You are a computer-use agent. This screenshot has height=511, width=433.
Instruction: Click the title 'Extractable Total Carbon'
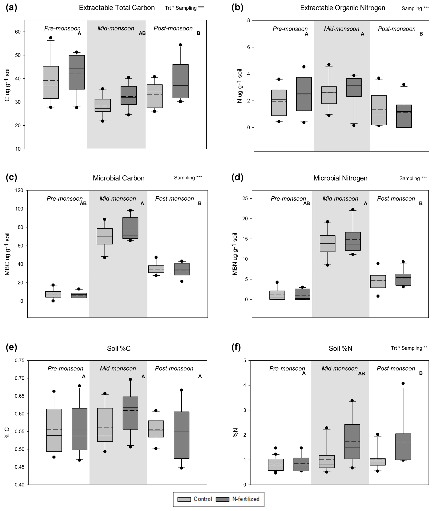[x=117, y=8]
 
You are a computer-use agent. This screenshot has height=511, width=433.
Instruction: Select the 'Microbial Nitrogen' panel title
[x=340, y=178]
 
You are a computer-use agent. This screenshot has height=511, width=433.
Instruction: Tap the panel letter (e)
[x=11, y=347]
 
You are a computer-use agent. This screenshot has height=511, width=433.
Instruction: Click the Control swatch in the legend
[x=184, y=499]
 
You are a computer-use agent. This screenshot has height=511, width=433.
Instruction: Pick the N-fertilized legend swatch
[x=223, y=499]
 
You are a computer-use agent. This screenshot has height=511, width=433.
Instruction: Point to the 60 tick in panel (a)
[x=18, y=32]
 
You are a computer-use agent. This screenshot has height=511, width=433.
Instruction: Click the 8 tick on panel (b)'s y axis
[x=248, y=20]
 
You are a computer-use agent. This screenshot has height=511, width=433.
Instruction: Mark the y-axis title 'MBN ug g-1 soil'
[x=235, y=254]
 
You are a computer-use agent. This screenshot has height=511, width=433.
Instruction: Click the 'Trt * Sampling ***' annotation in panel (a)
[x=184, y=8]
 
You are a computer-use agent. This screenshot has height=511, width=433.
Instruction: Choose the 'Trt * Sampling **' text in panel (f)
[x=409, y=348]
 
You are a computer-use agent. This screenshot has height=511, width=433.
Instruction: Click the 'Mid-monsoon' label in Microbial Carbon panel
[x=118, y=198]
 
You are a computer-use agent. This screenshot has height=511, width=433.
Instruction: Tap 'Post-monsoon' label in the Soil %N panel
[x=396, y=368]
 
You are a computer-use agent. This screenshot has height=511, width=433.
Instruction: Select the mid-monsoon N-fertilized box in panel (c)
[x=130, y=228]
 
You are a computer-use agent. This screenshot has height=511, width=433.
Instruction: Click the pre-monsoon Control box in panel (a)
[x=51, y=82]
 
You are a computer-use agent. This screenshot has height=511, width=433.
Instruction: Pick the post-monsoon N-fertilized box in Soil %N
[x=403, y=446]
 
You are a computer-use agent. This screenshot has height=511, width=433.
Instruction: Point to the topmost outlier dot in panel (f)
[x=403, y=383]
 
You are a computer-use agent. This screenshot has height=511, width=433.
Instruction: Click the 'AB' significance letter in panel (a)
[x=142, y=33]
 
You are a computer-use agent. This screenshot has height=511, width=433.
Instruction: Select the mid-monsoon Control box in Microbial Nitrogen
[x=327, y=244]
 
